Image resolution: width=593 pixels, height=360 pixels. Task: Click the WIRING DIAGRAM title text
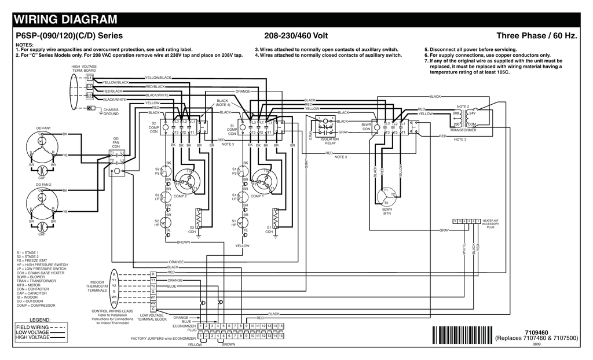coord(65,20)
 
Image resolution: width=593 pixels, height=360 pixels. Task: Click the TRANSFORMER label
coord(463,130)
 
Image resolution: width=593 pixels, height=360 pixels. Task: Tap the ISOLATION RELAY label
coord(330,141)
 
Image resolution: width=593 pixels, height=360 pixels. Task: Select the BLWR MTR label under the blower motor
coord(387,211)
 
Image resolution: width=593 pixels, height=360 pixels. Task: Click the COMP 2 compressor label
coord(180,196)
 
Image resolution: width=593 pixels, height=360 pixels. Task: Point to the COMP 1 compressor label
coord(257,196)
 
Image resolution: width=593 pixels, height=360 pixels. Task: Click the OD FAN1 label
coord(43,127)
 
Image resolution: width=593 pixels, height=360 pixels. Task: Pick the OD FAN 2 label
coord(43,184)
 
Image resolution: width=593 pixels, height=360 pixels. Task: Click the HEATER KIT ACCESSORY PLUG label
coord(490,224)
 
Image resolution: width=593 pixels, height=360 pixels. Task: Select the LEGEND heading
coord(41,319)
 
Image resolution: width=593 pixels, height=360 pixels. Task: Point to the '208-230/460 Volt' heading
coord(296,36)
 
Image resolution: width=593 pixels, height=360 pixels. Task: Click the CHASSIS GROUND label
coord(111,112)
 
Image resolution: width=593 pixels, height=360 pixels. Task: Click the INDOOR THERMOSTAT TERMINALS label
coord(97,286)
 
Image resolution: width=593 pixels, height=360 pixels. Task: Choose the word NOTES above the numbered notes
coord(24,45)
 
